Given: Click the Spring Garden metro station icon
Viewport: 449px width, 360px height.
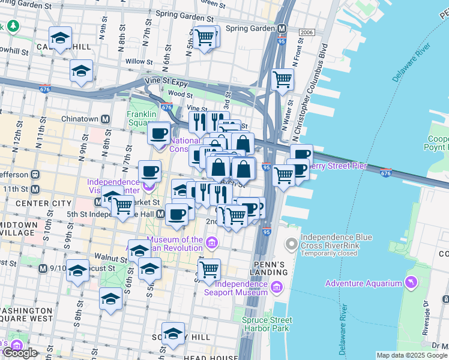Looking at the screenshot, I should (x=282, y=28).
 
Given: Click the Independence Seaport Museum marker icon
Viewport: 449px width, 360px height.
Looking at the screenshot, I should (x=276, y=287).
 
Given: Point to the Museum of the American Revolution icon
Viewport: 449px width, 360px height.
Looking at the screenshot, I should (x=211, y=243).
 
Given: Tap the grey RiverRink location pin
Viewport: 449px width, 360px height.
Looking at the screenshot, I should (x=292, y=244).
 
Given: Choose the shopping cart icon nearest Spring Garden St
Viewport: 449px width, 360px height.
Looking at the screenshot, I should (x=205, y=37).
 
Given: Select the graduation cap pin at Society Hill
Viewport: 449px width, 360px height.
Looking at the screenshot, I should (x=173, y=334).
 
